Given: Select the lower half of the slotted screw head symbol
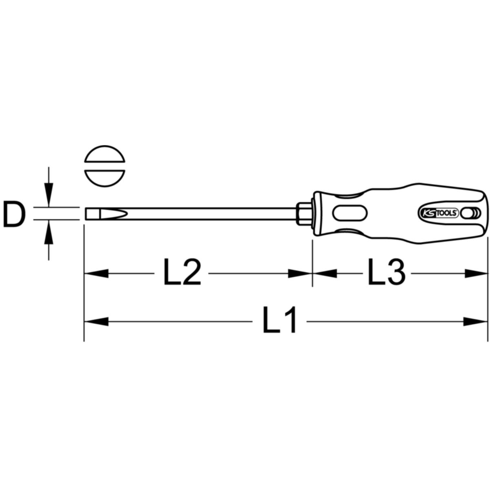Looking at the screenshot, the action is pos(105,178).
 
